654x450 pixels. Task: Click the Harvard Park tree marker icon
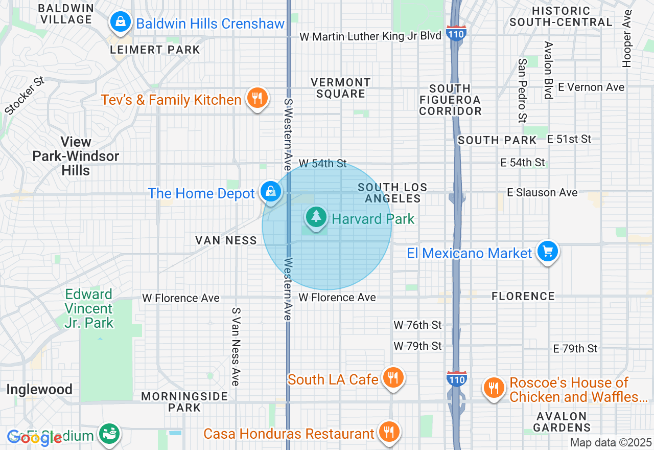tap(317, 217)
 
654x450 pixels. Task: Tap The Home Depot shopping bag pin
tap(271, 192)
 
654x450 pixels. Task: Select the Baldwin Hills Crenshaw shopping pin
tap(120, 22)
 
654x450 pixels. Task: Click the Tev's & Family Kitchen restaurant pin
tap(258, 98)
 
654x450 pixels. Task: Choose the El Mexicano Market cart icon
tap(548, 251)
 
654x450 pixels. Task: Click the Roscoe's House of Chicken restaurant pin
tap(493, 388)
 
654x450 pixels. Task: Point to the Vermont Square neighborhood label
tap(340, 88)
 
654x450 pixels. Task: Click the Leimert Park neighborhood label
tap(155, 50)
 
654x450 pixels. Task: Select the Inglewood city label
tap(39, 390)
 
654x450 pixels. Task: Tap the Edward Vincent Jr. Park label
tap(89, 308)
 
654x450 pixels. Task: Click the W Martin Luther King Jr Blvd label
tap(370, 36)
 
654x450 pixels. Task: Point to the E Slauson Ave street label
tap(542, 192)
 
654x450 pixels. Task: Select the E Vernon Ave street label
tap(591, 87)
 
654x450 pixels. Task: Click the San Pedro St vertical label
tap(522, 91)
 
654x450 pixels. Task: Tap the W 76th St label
tap(417, 325)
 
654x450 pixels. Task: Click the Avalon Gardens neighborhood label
tap(561, 422)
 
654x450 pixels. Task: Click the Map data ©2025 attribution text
tap(611, 443)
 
